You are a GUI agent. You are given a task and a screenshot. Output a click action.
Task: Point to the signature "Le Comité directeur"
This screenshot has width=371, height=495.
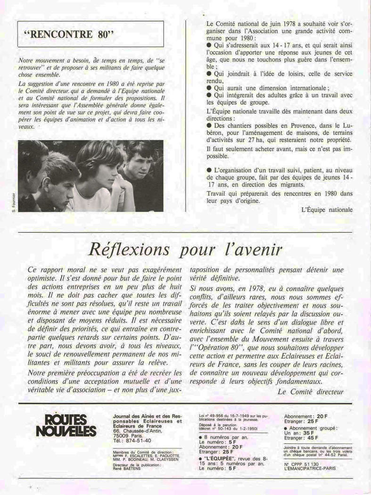pyautogui.click(x=311, y=391)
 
